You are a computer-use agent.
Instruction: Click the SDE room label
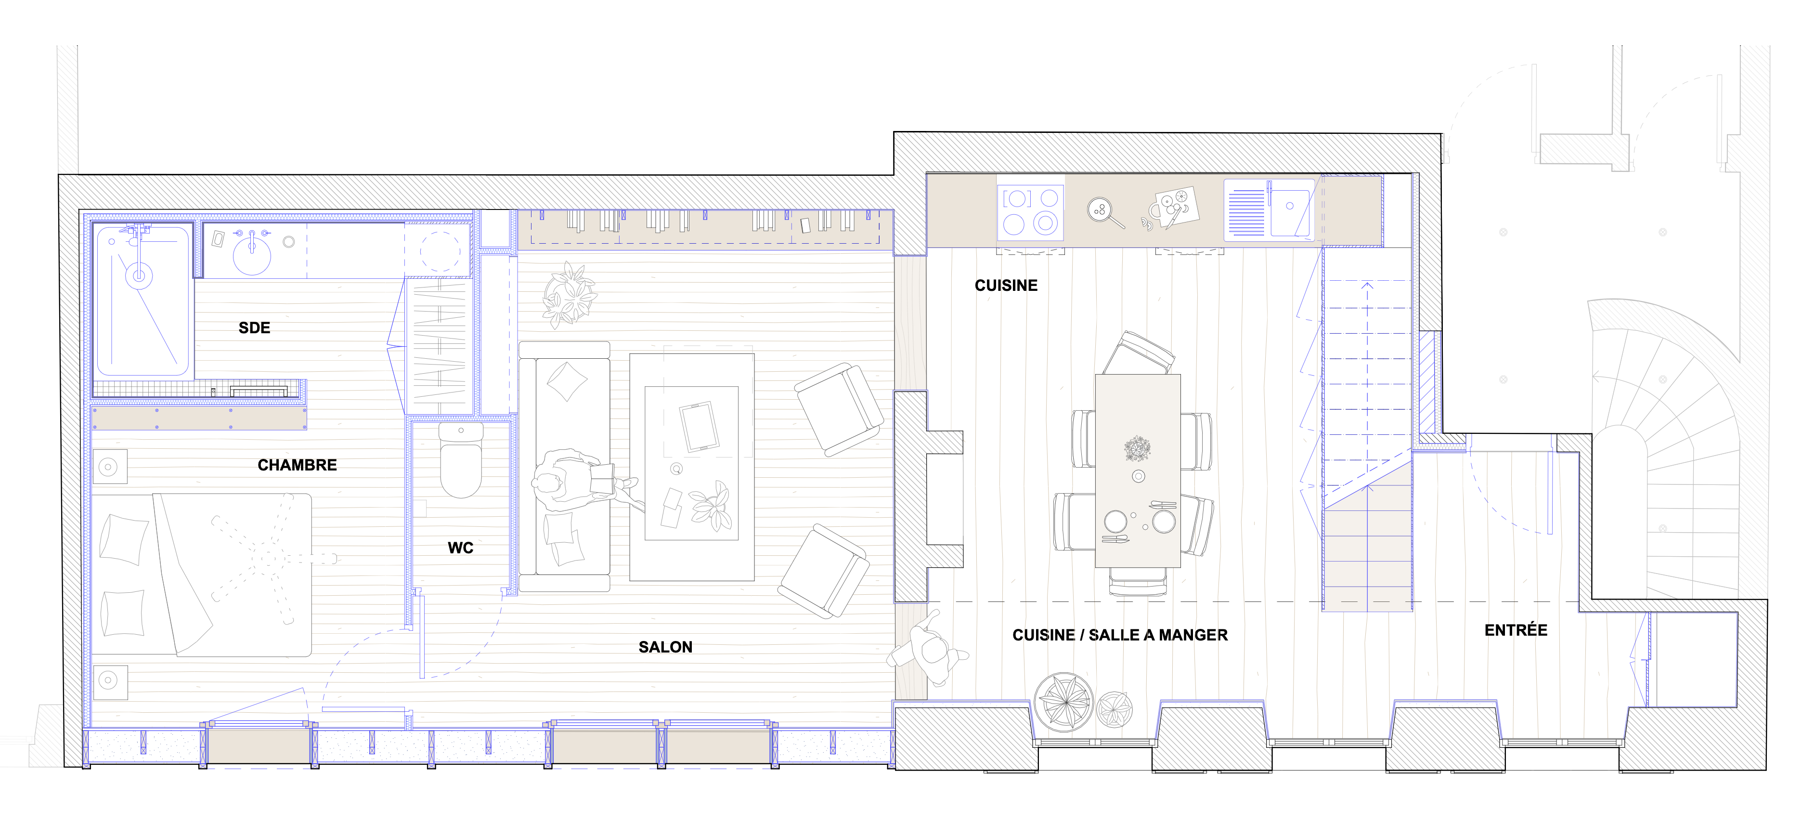tap(254, 328)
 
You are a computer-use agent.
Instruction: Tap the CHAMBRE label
tap(298, 465)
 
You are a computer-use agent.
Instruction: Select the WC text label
tap(461, 548)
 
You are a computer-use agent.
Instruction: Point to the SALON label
tap(665, 647)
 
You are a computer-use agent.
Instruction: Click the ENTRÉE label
tap(1516, 630)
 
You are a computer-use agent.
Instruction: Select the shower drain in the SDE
tap(139, 275)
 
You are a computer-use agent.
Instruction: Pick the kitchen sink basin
tap(1291, 209)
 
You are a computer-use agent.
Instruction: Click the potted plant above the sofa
tap(570, 295)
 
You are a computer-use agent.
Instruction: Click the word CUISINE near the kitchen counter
tap(1006, 286)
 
